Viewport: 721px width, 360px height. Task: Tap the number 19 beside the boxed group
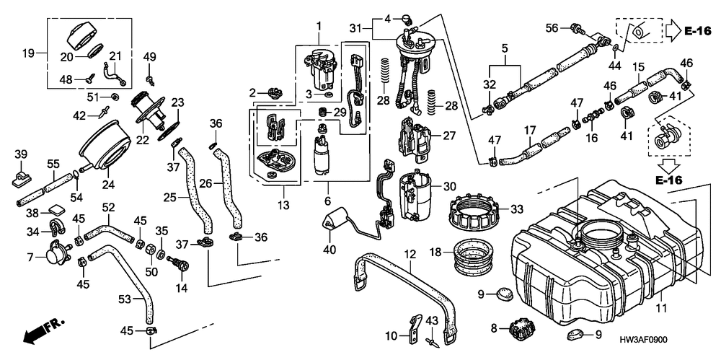click(x=29, y=53)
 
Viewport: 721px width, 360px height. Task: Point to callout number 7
click(x=30, y=256)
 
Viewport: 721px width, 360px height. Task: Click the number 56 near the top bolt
click(x=552, y=28)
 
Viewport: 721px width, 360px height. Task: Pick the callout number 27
click(x=450, y=135)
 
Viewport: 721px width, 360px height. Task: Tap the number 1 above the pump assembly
click(x=317, y=26)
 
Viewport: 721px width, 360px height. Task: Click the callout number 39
click(x=20, y=154)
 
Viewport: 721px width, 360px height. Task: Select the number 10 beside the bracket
click(x=390, y=335)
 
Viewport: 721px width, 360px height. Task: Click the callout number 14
click(x=180, y=288)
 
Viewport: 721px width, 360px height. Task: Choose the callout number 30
click(x=449, y=185)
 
